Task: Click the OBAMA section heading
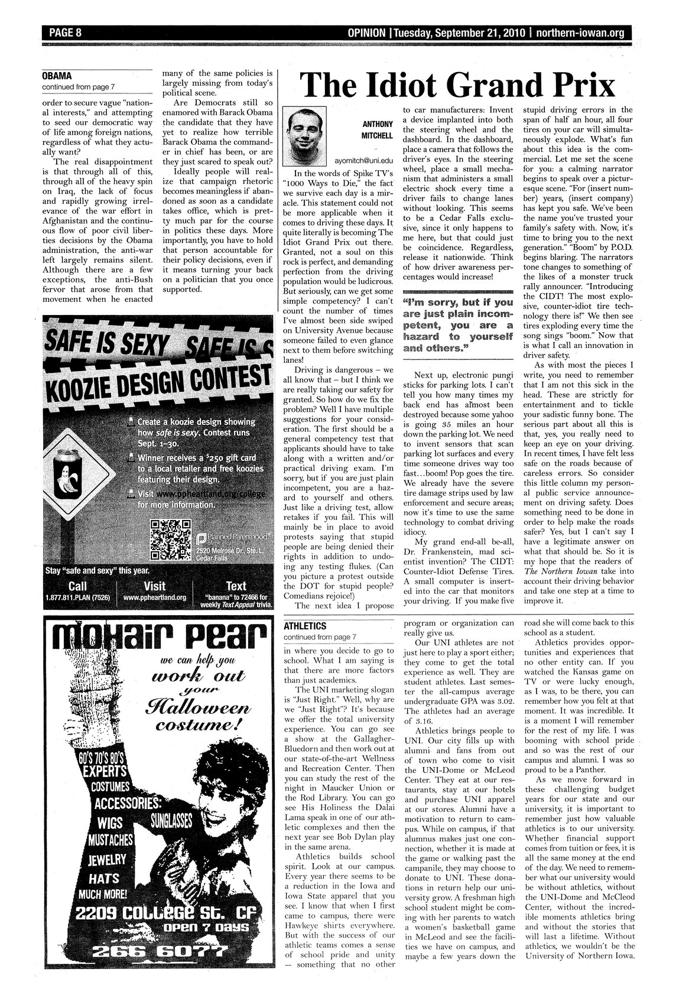[57, 76]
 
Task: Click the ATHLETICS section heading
[305, 625]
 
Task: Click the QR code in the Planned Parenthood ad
[171, 539]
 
